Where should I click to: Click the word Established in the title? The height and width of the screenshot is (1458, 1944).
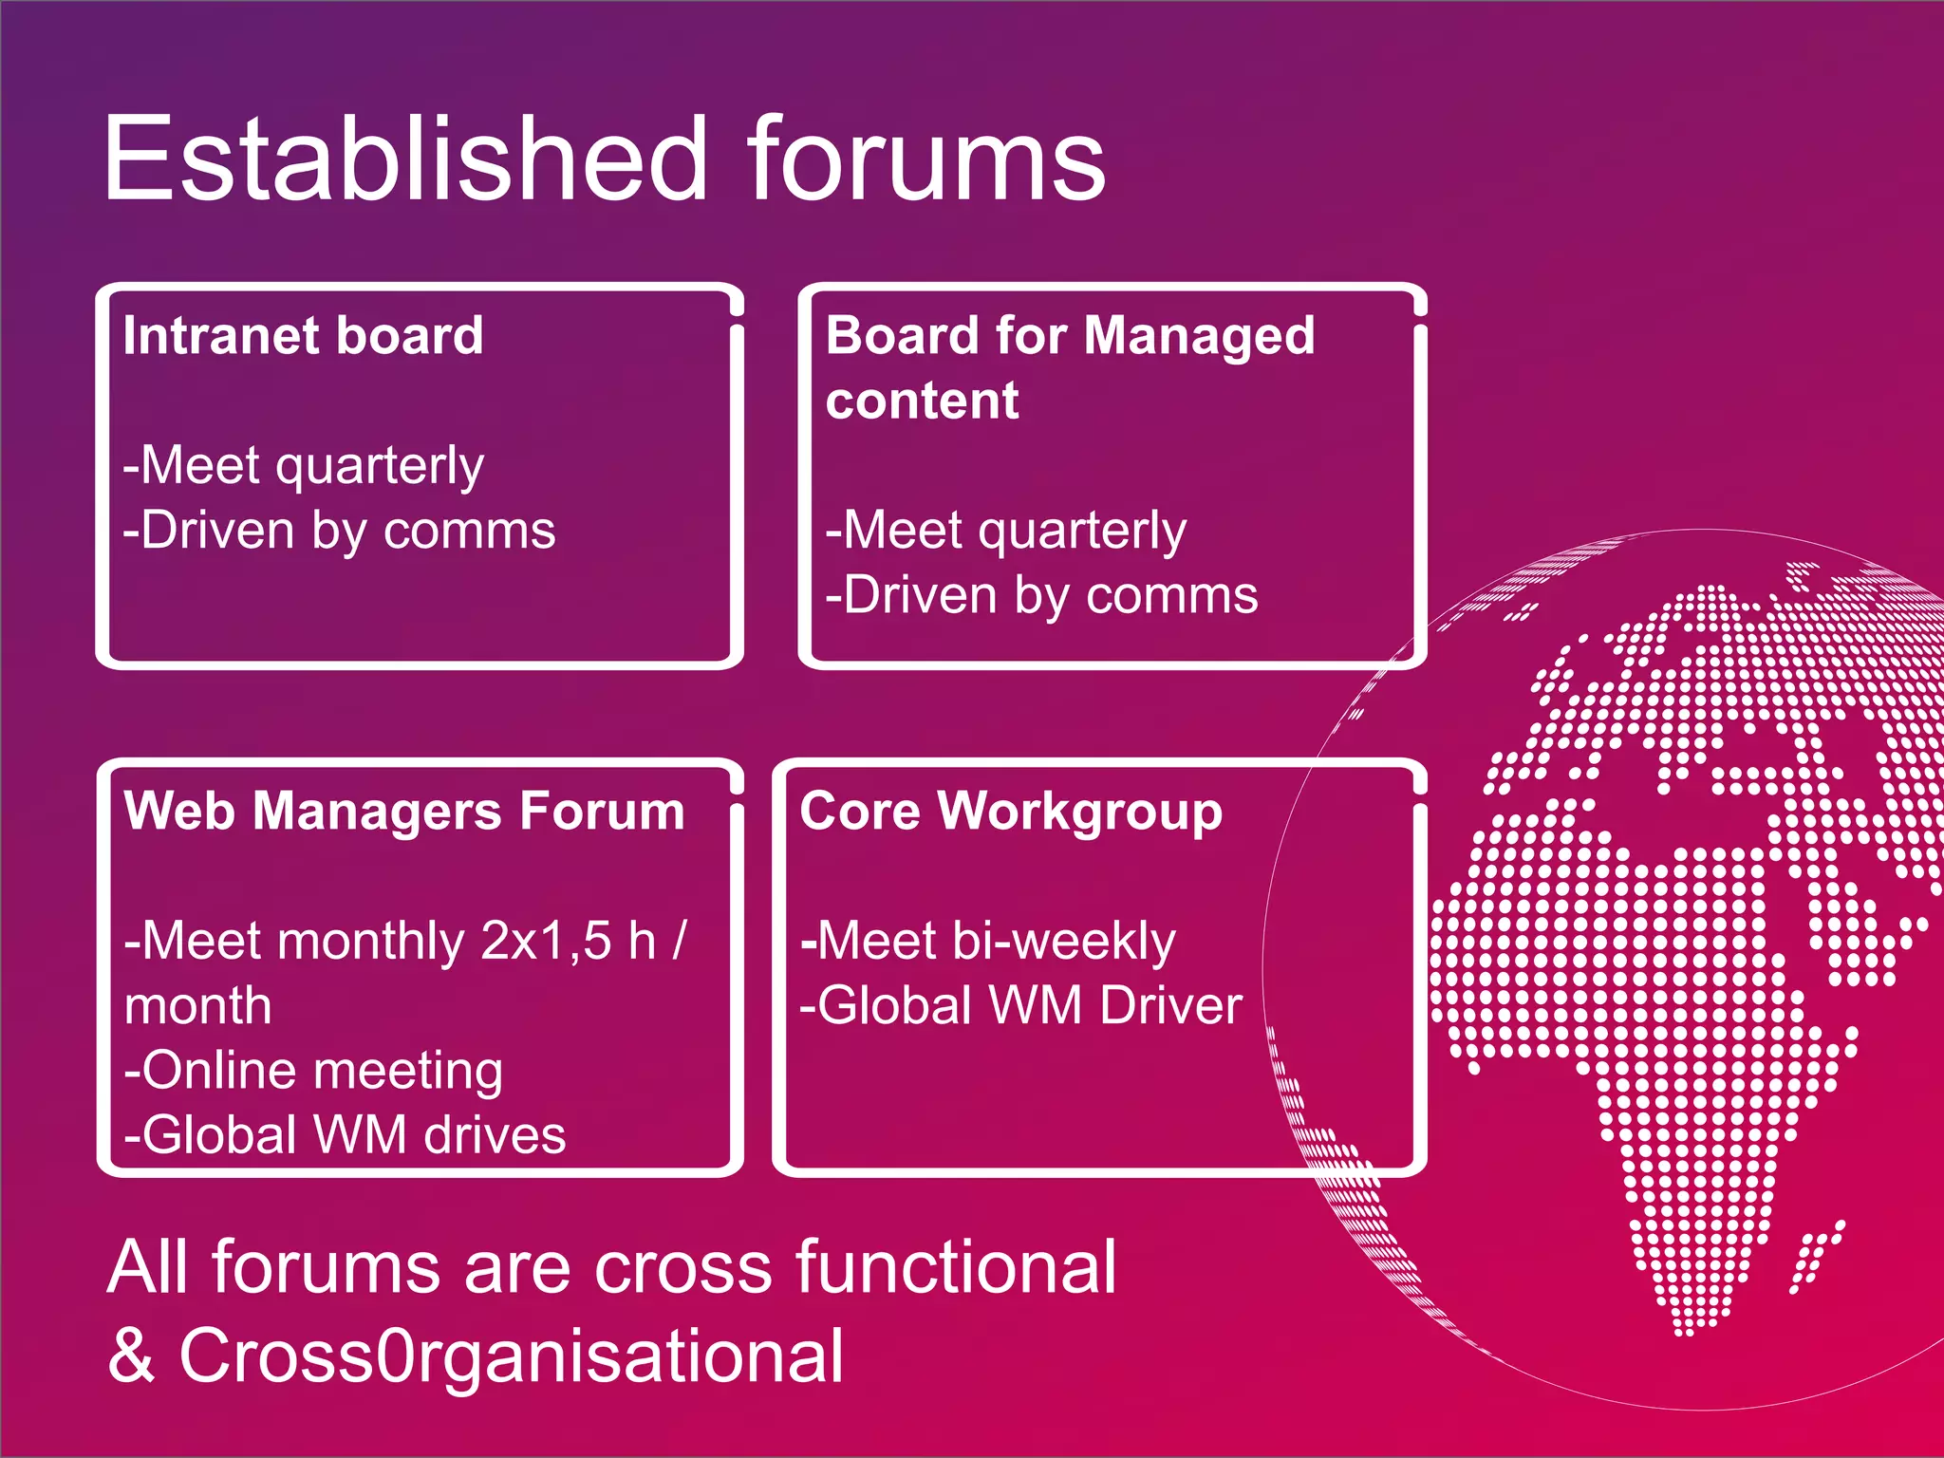coord(406,159)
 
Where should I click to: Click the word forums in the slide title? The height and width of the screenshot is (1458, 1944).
coord(925,159)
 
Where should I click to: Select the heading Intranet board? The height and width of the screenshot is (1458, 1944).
coord(303,336)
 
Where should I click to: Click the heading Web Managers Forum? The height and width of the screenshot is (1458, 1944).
coord(404,813)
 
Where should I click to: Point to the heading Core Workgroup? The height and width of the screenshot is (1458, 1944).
coord(1011,813)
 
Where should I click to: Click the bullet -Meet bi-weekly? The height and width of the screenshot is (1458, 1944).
coord(988,942)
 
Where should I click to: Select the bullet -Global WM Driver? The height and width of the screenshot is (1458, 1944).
coord(1020,1006)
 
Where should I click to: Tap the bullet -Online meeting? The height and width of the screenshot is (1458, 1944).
coord(313,1071)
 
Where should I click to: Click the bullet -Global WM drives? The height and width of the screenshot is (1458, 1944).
coord(345,1135)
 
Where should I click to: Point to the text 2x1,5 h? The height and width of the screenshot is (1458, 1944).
coord(568,942)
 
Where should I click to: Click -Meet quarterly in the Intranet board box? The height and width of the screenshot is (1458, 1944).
coord(303,466)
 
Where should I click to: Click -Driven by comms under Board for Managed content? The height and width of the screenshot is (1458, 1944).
coord(1041,596)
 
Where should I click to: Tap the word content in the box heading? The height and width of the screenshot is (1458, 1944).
coord(922,401)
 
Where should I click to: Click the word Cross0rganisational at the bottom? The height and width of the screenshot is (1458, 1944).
coord(511,1355)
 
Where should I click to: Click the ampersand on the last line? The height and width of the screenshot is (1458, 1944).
coord(131,1355)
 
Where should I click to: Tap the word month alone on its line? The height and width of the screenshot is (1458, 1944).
coord(197,1006)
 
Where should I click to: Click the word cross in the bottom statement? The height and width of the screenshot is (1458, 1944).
coord(683,1268)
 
